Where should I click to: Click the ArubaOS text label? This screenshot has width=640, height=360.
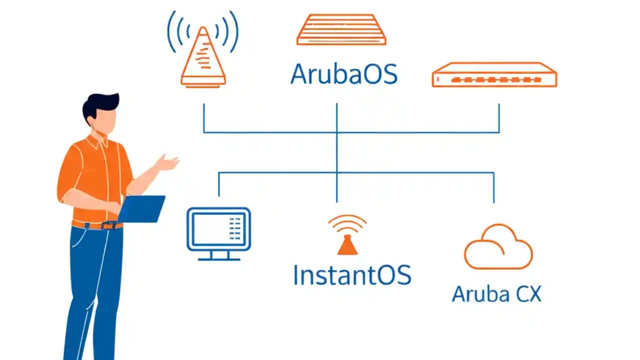[344, 74]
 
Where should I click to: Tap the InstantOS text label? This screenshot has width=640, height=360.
[352, 274]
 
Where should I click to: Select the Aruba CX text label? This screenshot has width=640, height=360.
[496, 293]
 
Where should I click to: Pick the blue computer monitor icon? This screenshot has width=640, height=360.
[218, 229]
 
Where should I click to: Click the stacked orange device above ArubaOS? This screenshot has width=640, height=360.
[341, 30]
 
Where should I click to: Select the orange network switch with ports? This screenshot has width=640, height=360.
[494, 75]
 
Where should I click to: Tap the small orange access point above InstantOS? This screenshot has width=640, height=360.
[347, 245]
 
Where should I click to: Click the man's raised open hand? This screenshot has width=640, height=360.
[167, 162]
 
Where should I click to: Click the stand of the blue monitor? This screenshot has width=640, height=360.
[218, 255]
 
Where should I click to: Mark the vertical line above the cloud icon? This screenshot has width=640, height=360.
[494, 187]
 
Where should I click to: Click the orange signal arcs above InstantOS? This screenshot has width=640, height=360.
[347, 223]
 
